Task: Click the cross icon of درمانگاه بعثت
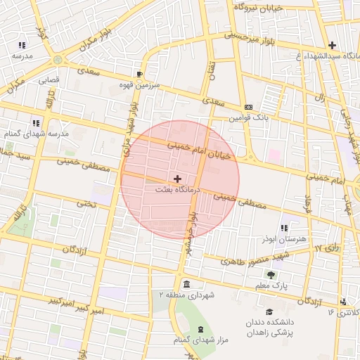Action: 177,179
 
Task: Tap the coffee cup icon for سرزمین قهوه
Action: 139,74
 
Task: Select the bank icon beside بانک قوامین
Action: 247,107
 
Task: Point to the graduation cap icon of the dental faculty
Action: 269,311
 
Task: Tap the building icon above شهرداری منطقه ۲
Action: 186,284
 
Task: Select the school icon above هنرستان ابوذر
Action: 284,229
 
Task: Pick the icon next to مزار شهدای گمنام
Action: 201,330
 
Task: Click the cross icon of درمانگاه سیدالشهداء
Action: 332,45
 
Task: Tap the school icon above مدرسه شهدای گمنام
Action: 36,122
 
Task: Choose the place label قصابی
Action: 49,80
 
